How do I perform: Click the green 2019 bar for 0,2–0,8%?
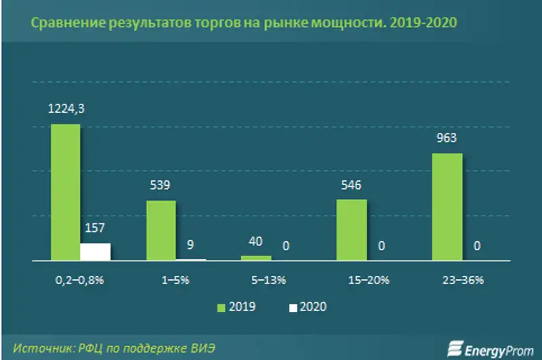tap(66, 193)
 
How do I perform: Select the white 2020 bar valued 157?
tap(96, 252)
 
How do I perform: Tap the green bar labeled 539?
tap(161, 231)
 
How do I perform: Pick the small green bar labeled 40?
tap(256, 258)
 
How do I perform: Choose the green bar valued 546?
tap(351, 230)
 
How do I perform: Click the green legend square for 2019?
tap(220, 307)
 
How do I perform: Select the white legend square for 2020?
tap(293, 307)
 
